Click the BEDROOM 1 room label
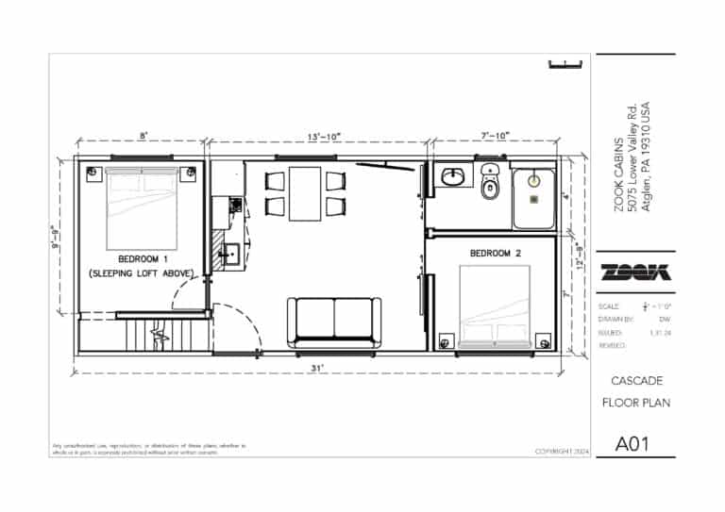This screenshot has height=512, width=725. [x=143, y=258]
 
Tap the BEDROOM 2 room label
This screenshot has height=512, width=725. [x=496, y=254]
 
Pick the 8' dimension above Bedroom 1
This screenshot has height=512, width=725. [x=143, y=137]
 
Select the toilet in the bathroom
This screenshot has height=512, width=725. [x=489, y=184]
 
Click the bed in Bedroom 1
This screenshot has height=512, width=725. [x=142, y=207]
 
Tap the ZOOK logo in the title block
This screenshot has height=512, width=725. [x=635, y=272]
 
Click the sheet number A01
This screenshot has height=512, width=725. [x=634, y=443]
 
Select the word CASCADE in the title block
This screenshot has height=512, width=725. [x=634, y=381]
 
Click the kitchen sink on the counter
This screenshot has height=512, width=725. [x=230, y=253]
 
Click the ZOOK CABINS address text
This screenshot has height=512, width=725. [x=632, y=173]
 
